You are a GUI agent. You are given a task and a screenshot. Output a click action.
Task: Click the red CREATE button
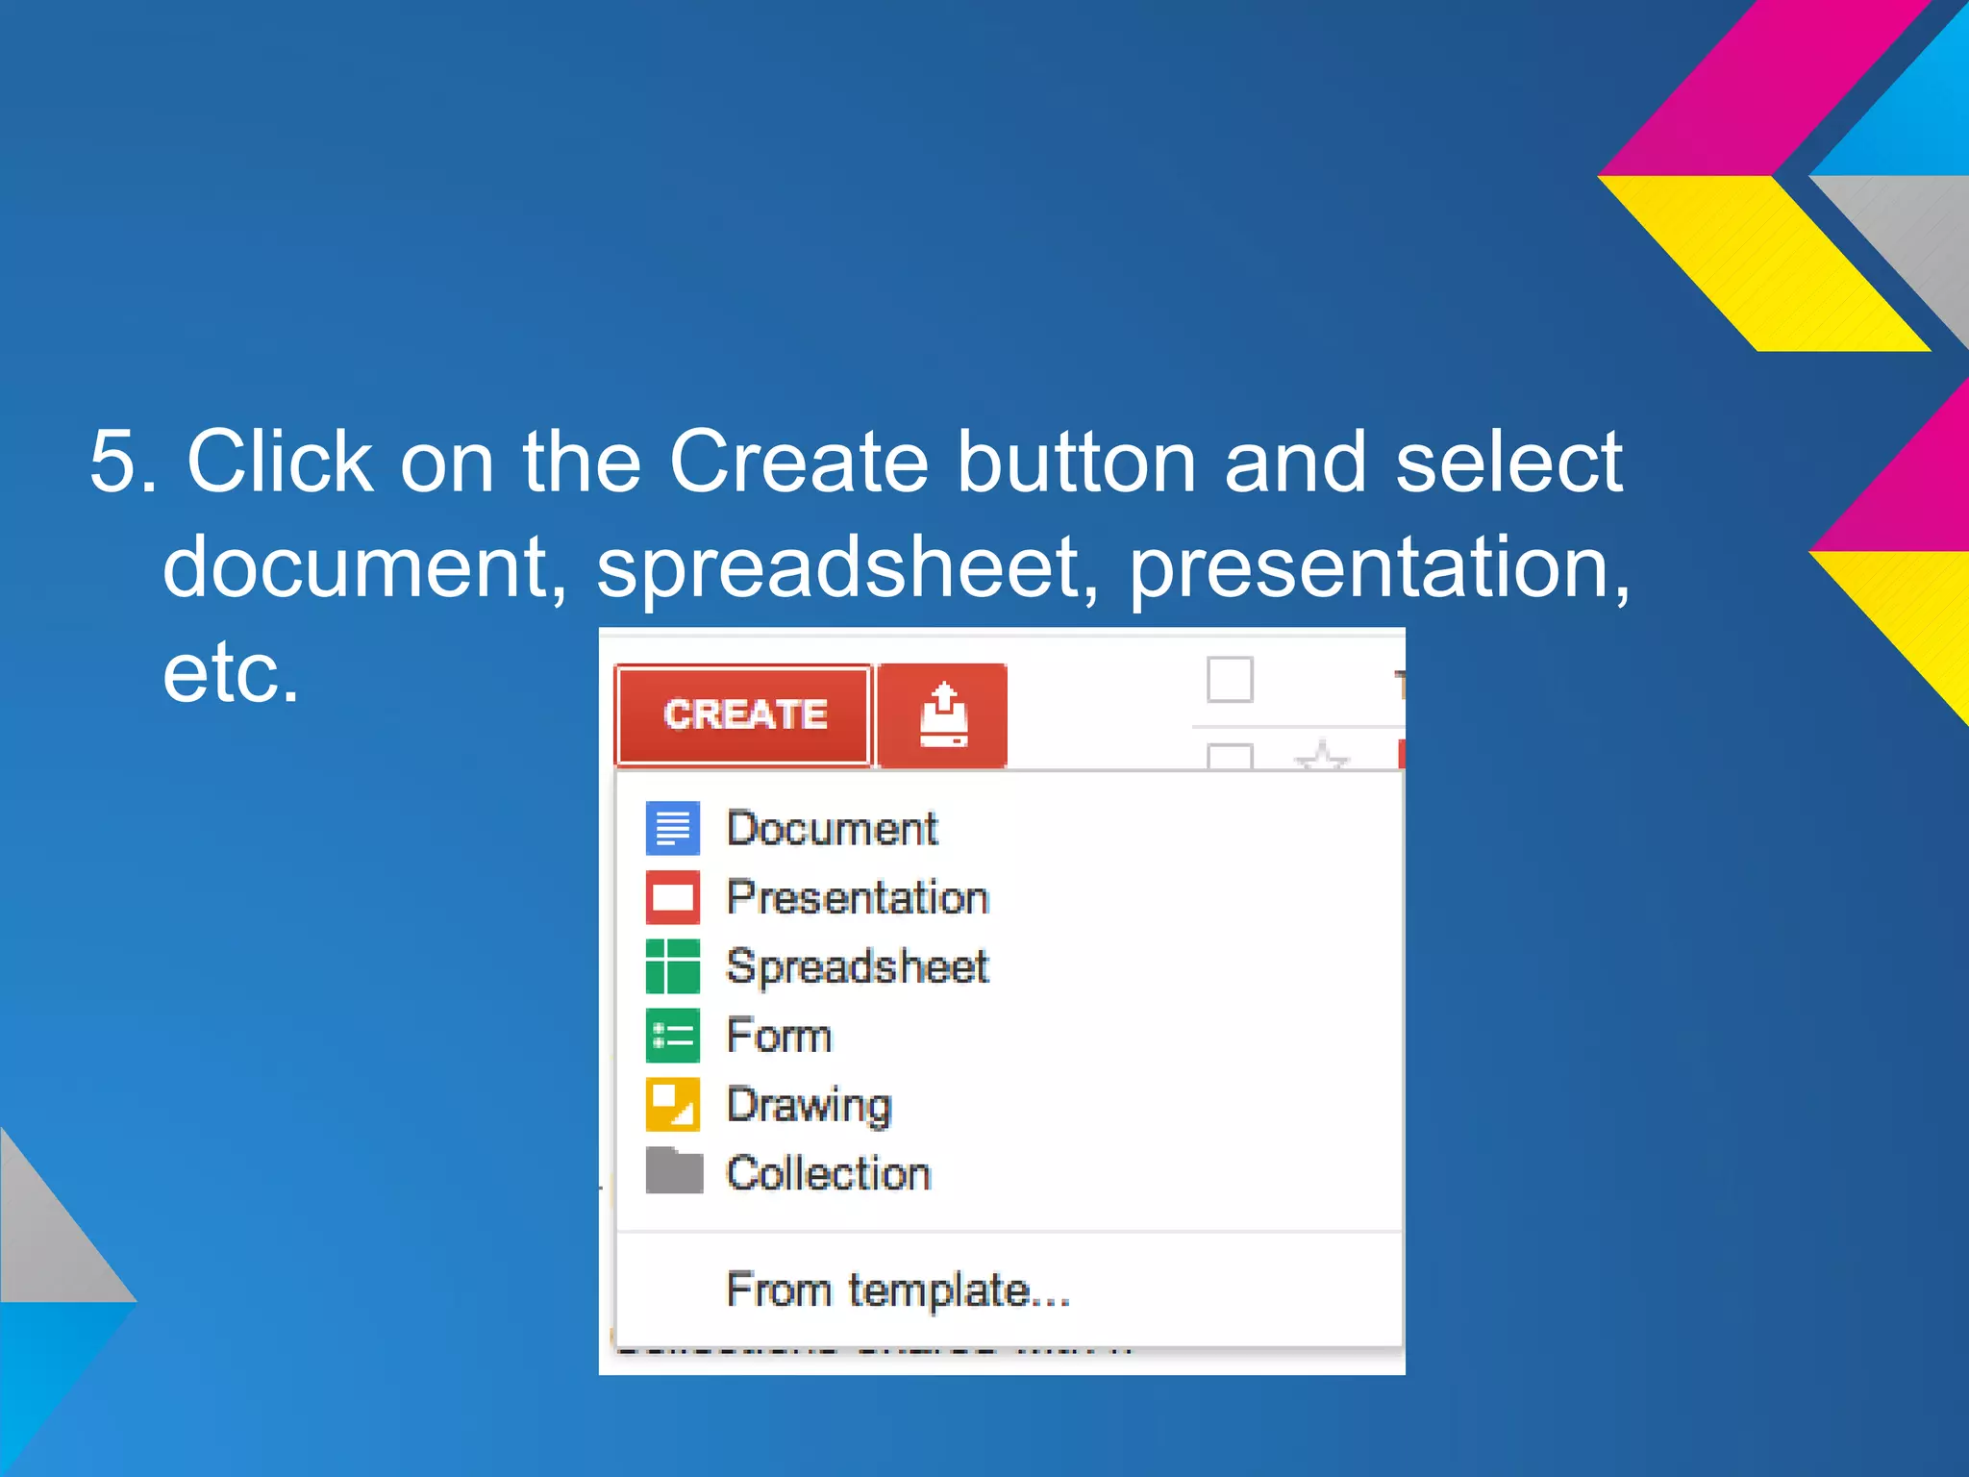[743, 714]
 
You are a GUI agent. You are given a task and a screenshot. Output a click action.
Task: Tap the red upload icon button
[942, 715]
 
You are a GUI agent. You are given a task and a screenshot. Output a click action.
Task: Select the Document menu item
[832, 829]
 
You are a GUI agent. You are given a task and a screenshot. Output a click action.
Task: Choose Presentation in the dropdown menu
[857, 897]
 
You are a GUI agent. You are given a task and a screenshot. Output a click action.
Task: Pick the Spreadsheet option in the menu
[857, 966]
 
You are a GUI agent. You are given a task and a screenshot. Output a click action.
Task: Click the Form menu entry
[779, 1036]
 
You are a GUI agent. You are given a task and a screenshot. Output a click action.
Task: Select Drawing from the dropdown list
[809, 1105]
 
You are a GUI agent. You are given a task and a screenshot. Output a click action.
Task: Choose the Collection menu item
[828, 1173]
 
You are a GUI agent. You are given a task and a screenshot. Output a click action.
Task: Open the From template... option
[898, 1289]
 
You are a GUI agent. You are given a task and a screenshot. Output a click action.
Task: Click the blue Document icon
[673, 829]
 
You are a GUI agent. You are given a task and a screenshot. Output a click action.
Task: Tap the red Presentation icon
[673, 897]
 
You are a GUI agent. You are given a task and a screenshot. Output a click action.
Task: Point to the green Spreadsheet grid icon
[673, 966]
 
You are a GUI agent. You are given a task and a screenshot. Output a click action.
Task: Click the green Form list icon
[673, 1036]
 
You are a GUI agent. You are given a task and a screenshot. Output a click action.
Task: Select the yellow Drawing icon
[673, 1105]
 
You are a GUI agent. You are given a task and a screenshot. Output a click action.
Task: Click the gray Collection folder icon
[673, 1171]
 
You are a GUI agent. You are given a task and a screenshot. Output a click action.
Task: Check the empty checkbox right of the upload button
[1230, 680]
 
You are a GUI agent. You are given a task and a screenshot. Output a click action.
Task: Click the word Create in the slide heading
[798, 463]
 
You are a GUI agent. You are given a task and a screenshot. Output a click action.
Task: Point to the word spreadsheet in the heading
[846, 567]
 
